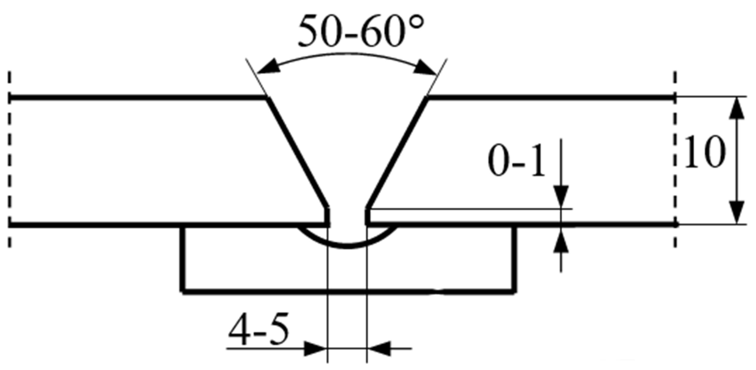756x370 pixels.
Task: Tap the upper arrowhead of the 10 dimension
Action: [x=737, y=110]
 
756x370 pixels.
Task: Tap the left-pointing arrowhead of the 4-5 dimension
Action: [x=380, y=349]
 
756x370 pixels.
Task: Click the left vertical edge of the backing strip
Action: [x=182, y=259]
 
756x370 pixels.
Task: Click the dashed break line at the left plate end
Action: [x=10, y=159]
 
